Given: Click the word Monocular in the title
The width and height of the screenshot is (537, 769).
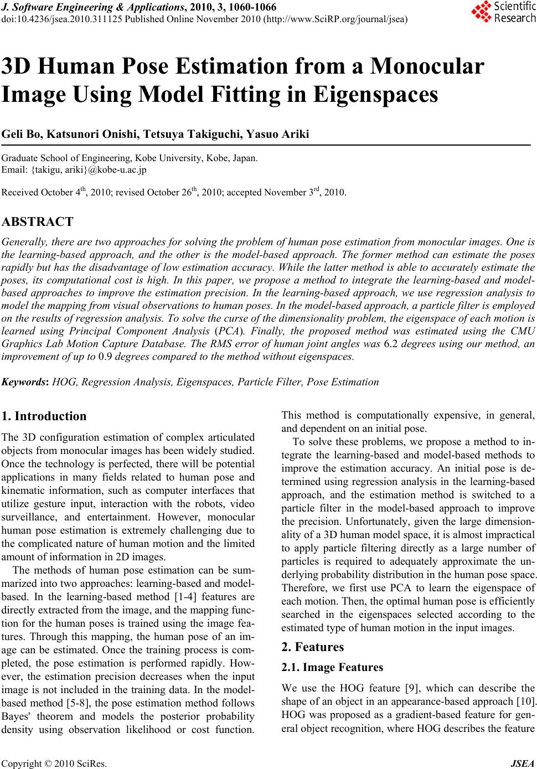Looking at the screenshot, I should (x=428, y=66).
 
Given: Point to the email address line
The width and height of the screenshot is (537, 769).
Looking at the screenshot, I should (x=75, y=169).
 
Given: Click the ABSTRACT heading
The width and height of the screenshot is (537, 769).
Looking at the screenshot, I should (x=38, y=223).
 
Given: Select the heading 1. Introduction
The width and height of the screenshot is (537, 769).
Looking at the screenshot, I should (x=44, y=416).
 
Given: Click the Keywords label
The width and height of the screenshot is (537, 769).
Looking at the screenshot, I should (x=25, y=382).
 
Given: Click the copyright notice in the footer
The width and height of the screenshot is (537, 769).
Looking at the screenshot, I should (x=54, y=764).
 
